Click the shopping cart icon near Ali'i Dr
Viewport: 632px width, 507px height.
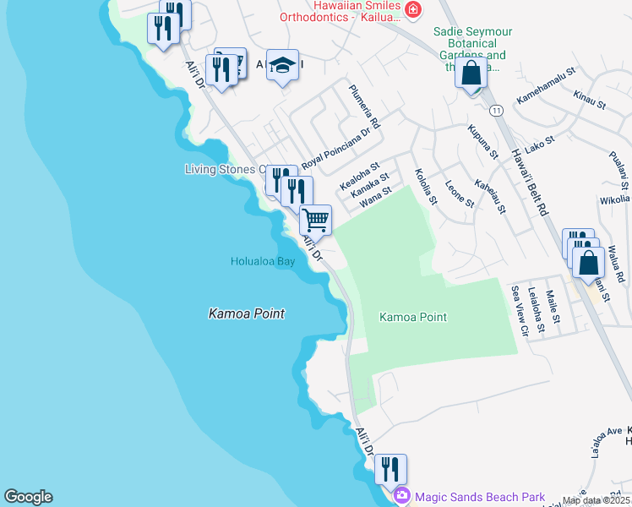(x=315, y=220)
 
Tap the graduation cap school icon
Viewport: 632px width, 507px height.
(x=282, y=64)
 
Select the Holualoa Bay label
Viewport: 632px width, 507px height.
(x=263, y=261)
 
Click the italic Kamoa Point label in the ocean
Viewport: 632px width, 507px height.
(x=247, y=313)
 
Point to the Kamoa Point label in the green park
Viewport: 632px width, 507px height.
(x=413, y=317)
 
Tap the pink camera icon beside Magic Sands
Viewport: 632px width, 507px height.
(x=402, y=496)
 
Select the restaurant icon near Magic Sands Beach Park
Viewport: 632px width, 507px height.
(x=390, y=468)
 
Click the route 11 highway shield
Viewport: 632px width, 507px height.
(x=496, y=111)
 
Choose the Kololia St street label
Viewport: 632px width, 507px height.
(x=425, y=188)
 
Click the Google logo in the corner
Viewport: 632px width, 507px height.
(x=28, y=497)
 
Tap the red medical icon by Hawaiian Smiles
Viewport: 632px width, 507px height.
(x=413, y=9)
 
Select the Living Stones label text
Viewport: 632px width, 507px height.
(x=220, y=169)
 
